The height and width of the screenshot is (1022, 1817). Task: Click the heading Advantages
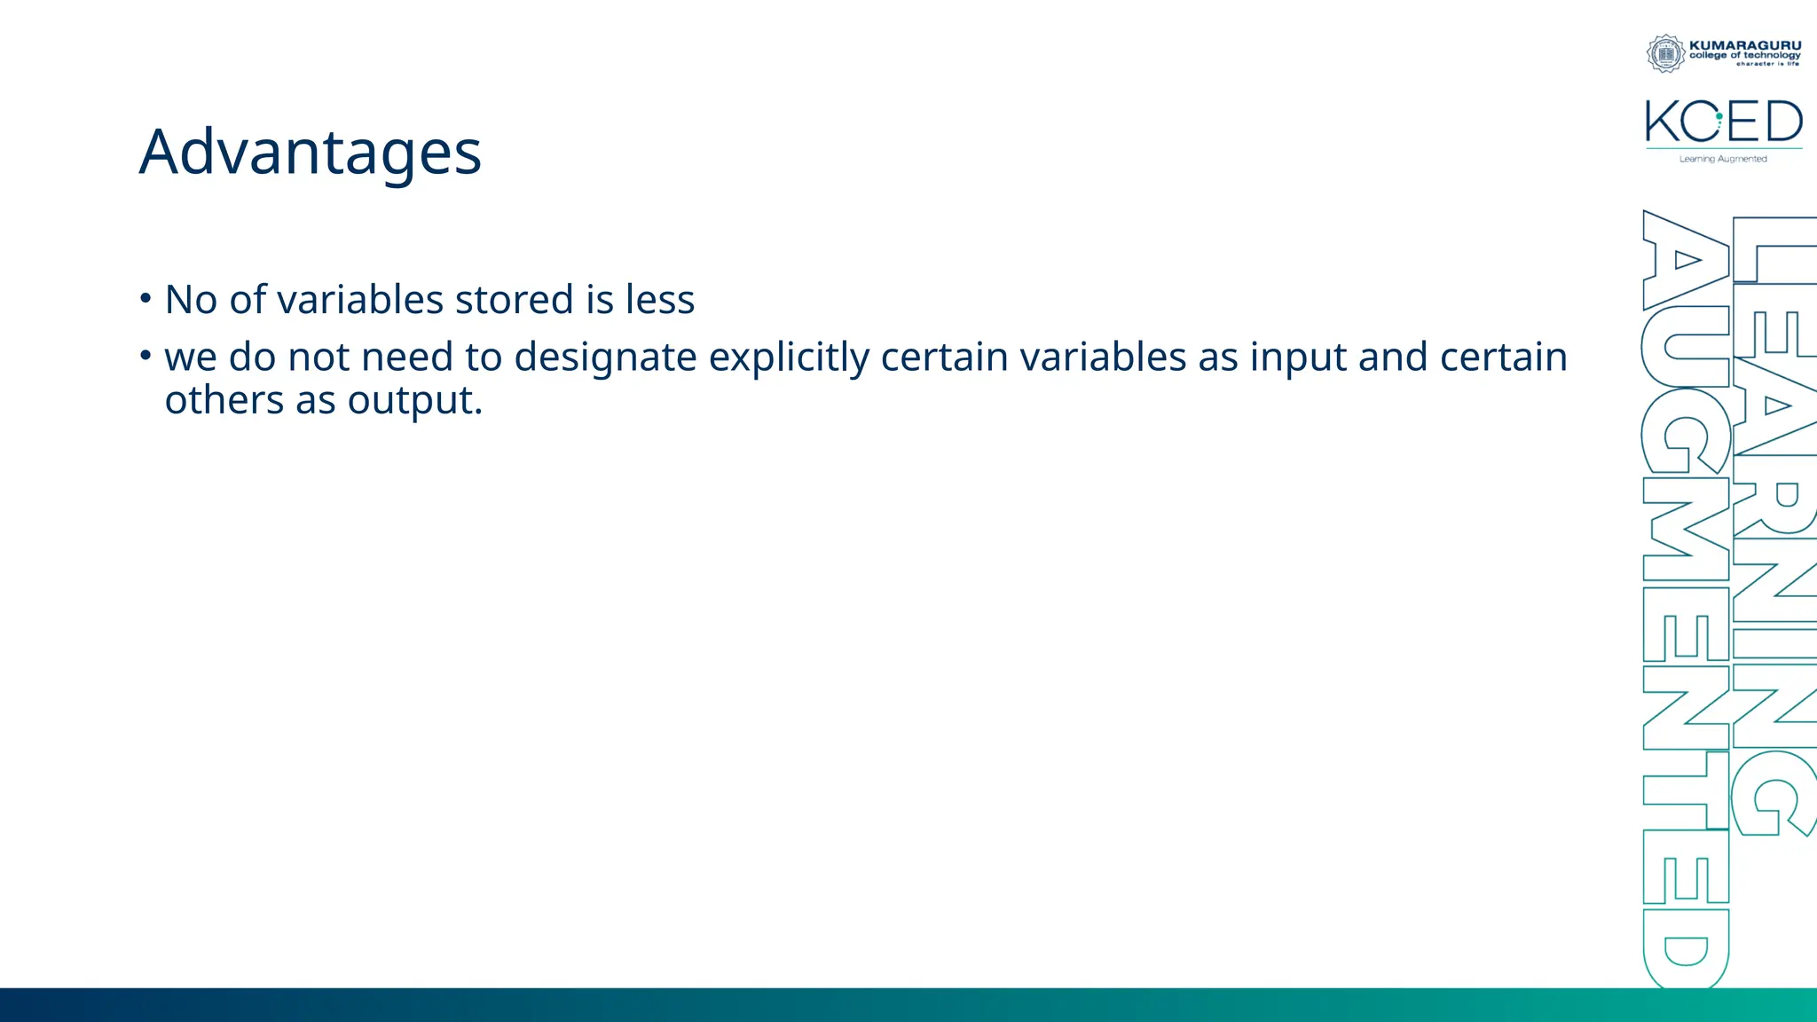pyautogui.click(x=310, y=153)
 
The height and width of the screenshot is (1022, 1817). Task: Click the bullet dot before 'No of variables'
pyautogui.click(x=146, y=298)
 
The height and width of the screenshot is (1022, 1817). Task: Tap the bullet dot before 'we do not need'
pyautogui.click(x=146, y=356)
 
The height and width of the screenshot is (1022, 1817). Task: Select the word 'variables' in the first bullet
pyautogui.click(x=360, y=300)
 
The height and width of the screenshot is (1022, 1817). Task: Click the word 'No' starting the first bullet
pyautogui.click(x=191, y=300)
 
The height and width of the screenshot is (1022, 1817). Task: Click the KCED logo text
pyautogui.click(x=1723, y=122)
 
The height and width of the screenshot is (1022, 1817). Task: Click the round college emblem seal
pyautogui.click(x=1666, y=53)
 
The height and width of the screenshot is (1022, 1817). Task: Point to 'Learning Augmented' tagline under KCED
pyautogui.click(x=1723, y=159)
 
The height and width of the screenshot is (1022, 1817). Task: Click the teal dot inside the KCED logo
pyautogui.click(x=1719, y=116)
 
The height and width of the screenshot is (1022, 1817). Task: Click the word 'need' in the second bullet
pyautogui.click(x=407, y=358)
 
